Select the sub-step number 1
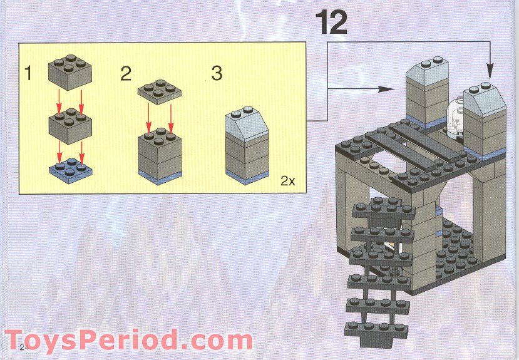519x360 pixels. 27,74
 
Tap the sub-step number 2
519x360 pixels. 126,74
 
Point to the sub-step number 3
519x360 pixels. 217,74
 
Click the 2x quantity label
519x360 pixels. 287,182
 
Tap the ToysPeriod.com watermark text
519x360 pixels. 128,341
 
